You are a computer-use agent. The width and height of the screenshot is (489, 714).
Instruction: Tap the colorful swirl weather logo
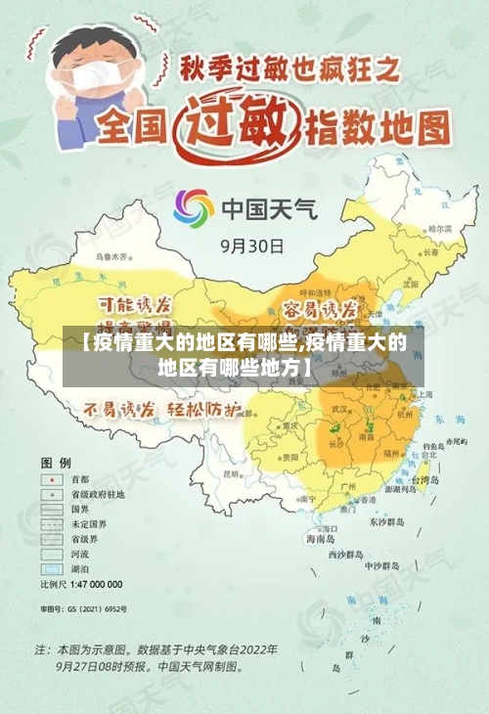(194, 209)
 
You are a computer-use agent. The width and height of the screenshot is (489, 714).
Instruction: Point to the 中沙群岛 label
(380, 565)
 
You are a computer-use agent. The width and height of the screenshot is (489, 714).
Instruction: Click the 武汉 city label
(340, 408)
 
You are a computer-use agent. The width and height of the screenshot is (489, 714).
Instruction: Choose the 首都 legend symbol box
(49, 480)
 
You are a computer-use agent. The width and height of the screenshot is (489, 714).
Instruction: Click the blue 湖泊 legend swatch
(49, 568)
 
